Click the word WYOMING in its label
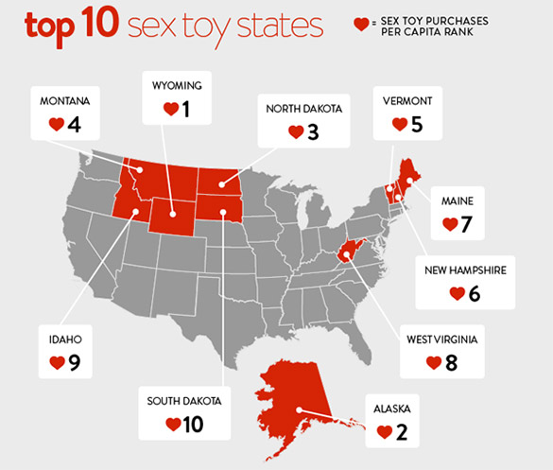coord(177,86)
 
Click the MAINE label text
coord(457,201)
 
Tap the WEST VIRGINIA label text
coord(442,339)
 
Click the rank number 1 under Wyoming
coord(186,110)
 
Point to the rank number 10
coord(193,425)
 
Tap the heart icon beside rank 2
coord(384,432)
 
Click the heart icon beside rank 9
coord(56,362)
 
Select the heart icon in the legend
coord(359,23)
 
